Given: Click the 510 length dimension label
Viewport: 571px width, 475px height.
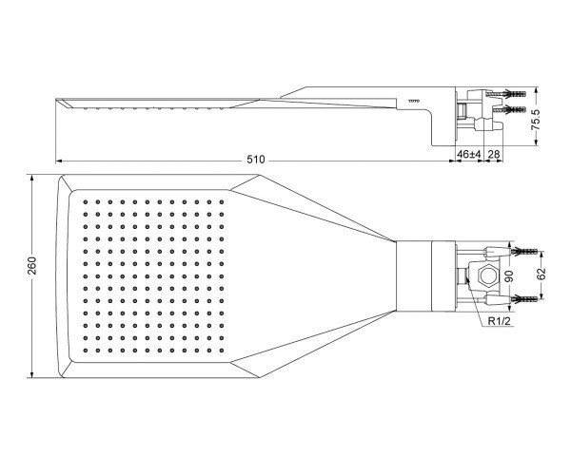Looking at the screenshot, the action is click(x=256, y=160).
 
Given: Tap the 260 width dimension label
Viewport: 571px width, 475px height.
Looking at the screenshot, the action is click(x=32, y=265).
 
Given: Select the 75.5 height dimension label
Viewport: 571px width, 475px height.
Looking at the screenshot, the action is click(x=535, y=120).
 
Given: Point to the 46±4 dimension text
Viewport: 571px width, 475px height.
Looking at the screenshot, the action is click(x=469, y=154).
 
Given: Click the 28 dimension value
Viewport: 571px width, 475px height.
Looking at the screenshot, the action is click(x=493, y=154).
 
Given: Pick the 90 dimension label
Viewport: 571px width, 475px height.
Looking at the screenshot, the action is click(x=509, y=276).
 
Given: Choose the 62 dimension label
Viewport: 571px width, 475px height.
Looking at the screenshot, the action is click(x=541, y=274).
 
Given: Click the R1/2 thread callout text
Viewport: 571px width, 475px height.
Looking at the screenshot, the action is click(x=500, y=321).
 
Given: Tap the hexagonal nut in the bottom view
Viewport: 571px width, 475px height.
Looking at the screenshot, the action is click(x=487, y=275).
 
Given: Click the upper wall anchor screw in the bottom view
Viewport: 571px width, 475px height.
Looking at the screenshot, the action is click(x=524, y=251).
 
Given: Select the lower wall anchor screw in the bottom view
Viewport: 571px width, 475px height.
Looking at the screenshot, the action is click(x=524, y=299).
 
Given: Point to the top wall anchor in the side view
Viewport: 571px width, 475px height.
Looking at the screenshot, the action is click(x=513, y=94).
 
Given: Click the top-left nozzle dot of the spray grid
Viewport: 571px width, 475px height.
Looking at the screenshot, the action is click(x=86, y=201).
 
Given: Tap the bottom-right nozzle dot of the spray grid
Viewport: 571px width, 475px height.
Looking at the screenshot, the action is click(x=222, y=351).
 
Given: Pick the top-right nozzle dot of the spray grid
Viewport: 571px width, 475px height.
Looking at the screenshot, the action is click(x=222, y=201).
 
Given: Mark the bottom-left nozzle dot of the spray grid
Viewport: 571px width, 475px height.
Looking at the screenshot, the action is click(x=86, y=351).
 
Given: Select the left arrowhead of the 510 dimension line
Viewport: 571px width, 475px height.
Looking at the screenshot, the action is click(x=59, y=161).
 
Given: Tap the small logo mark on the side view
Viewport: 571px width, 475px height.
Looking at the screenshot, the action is click(x=414, y=101).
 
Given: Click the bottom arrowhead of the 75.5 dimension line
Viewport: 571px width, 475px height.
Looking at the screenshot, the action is click(x=535, y=142).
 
